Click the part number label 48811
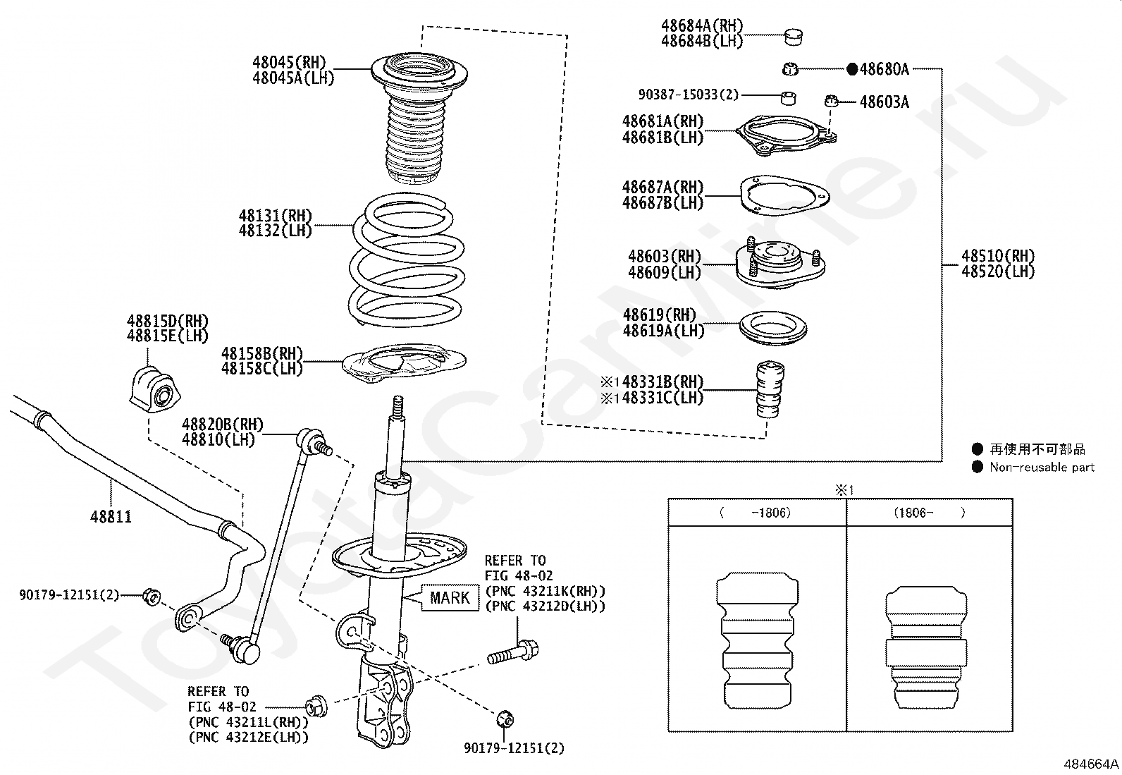[111, 517]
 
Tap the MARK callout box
[449, 598]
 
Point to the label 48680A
[884, 69]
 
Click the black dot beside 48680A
[851, 69]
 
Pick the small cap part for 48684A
[794, 35]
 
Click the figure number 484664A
[1091, 764]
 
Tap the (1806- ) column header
[930, 513]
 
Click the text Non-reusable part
[1042, 467]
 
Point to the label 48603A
[884, 103]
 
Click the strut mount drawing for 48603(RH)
[779, 265]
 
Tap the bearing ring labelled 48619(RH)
[772, 328]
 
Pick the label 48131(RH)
[275, 216]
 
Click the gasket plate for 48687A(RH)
[784, 195]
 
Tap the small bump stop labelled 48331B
[769, 390]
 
